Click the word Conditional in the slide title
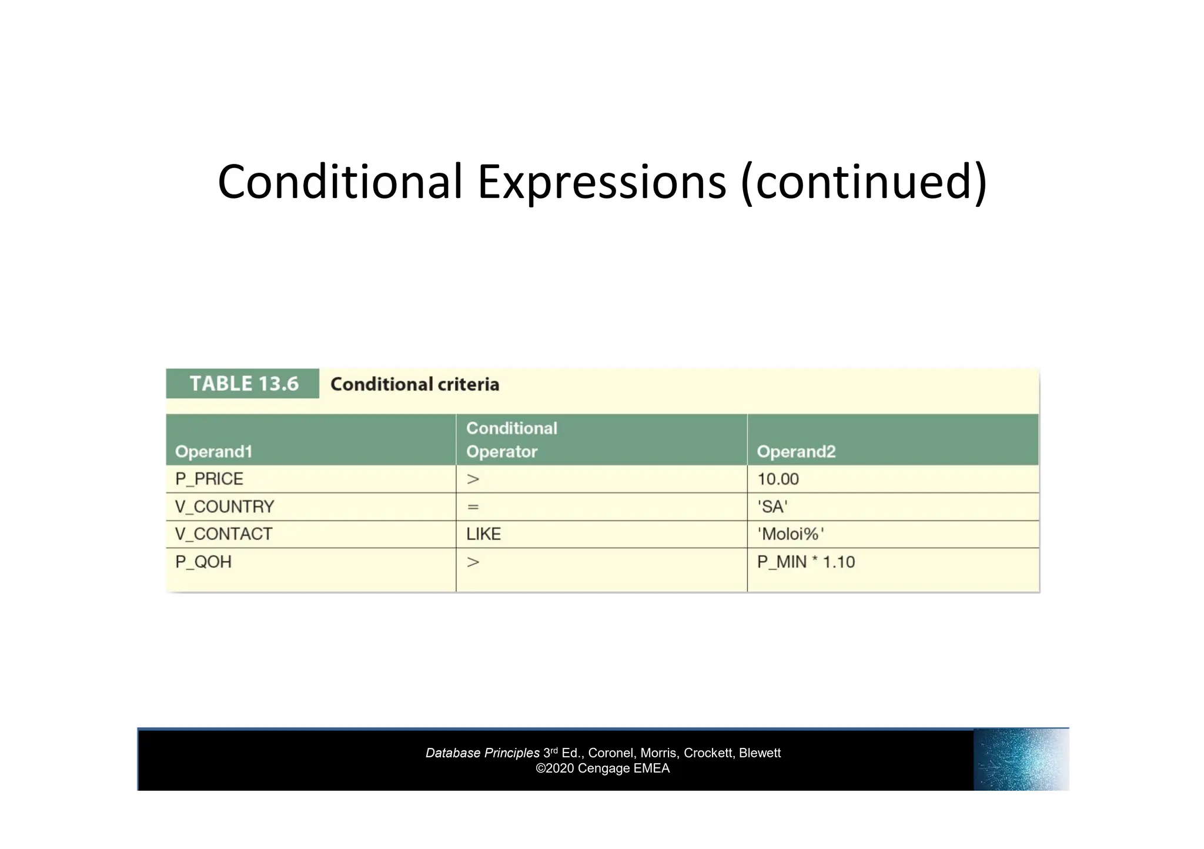(x=340, y=182)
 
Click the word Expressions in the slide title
(x=601, y=182)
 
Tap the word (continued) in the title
(x=864, y=182)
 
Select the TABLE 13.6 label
(x=243, y=384)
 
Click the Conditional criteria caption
(x=414, y=384)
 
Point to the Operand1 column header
(x=213, y=451)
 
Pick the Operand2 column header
(x=795, y=451)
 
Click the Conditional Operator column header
(x=511, y=439)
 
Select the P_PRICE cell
(x=209, y=479)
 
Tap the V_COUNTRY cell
(x=225, y=506)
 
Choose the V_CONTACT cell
(x=223, y=534)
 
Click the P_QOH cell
(x=203, y=562)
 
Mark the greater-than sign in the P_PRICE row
(x=473, y=479)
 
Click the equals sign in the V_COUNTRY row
(x=473, y=506)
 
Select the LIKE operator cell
(x=483, y=534)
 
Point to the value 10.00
(x=778, y=479)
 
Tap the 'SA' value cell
(x=772, y=506)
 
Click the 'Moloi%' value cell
(x=790, y=534)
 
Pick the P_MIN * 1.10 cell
(x=805, y=562)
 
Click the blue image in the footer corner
(x=1021, y=759)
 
